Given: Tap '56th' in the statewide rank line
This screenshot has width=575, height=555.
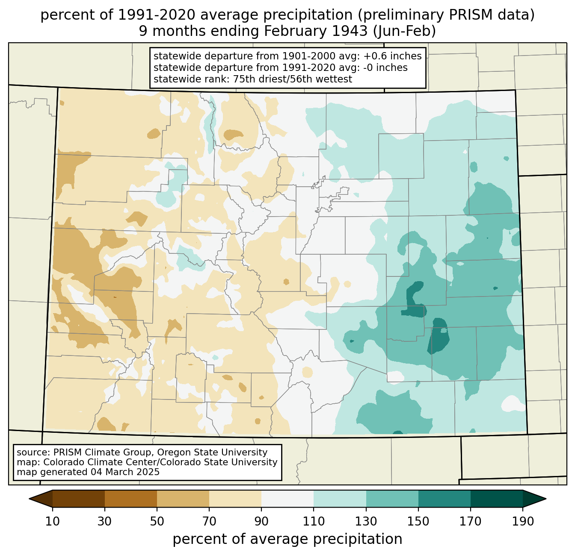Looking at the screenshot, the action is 299,79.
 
